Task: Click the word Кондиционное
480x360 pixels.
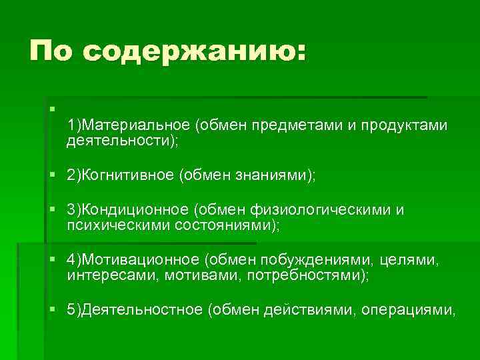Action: [x=135, y=210]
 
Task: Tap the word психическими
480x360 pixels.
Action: [x=118, y=225]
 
